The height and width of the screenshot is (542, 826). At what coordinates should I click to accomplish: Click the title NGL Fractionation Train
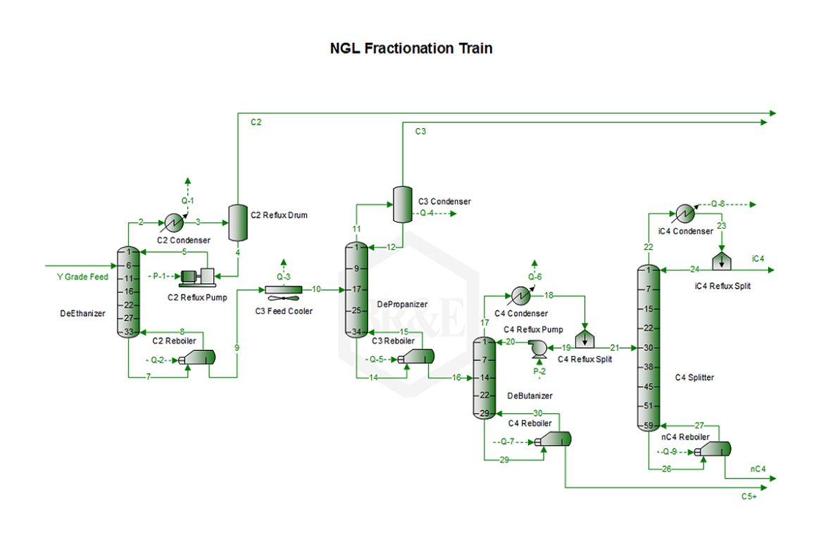(411, 49)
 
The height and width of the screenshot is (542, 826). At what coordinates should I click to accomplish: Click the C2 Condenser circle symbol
(174, 223)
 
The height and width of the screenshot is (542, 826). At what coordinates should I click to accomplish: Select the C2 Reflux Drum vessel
(237, 223)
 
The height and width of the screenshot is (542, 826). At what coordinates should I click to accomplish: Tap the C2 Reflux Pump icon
(198, 277)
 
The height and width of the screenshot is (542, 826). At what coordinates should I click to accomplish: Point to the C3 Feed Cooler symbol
(283, 290)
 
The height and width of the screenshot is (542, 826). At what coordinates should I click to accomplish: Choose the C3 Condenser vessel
(403, 204)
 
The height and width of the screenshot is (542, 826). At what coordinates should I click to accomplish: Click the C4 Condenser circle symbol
(521, 296)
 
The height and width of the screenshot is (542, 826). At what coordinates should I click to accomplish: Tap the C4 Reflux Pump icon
(539, 348)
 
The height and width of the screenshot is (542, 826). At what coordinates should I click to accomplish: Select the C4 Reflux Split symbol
(584, 339)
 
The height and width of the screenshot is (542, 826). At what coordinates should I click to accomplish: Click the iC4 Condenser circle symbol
(685, 213)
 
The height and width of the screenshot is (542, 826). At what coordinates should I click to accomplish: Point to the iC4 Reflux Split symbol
(722, 261)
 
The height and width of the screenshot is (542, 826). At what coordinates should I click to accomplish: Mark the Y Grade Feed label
(82, 277)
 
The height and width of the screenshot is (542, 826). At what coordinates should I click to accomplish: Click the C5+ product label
(749, 497)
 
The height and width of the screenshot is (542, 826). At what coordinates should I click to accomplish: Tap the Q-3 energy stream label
(283, 277)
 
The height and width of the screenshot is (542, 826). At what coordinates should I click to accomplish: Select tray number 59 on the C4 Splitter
(649, 425)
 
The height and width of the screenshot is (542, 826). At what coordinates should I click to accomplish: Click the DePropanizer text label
(403, 305)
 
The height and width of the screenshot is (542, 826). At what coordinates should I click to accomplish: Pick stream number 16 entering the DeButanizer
(456, 378)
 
